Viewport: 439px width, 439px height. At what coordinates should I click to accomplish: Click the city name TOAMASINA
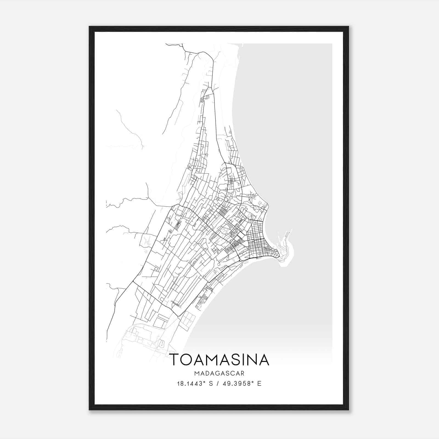219,360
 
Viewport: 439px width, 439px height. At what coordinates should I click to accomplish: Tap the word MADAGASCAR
219,373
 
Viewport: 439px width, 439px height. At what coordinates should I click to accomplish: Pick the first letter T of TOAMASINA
176,360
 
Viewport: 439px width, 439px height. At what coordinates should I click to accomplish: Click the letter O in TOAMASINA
188,360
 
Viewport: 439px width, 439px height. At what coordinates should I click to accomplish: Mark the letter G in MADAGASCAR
220,373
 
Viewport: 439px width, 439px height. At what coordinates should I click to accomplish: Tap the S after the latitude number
211,384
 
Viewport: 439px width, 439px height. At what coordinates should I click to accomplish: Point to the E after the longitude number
259,384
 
